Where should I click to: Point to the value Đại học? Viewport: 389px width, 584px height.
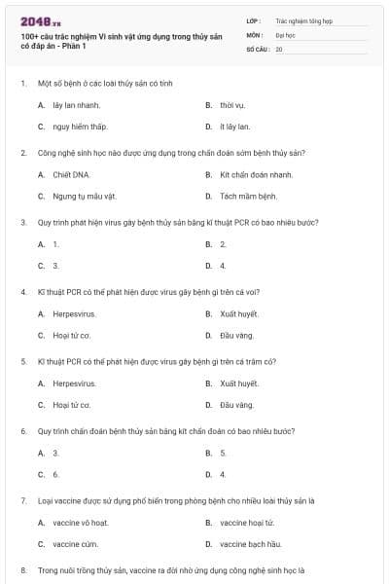coord(285,34)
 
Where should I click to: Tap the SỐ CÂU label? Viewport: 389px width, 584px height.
coord(259,48)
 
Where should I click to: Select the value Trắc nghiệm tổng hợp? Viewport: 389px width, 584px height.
coord(303,20)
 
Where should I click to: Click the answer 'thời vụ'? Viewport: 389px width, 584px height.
coord(231,104)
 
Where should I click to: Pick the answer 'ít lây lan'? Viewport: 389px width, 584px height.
coord(234,127)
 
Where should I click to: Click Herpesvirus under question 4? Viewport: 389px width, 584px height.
coord(74,314)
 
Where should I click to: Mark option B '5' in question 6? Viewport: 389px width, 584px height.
coord(223,453)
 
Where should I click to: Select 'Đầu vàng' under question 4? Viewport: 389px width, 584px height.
coord(236,336)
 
